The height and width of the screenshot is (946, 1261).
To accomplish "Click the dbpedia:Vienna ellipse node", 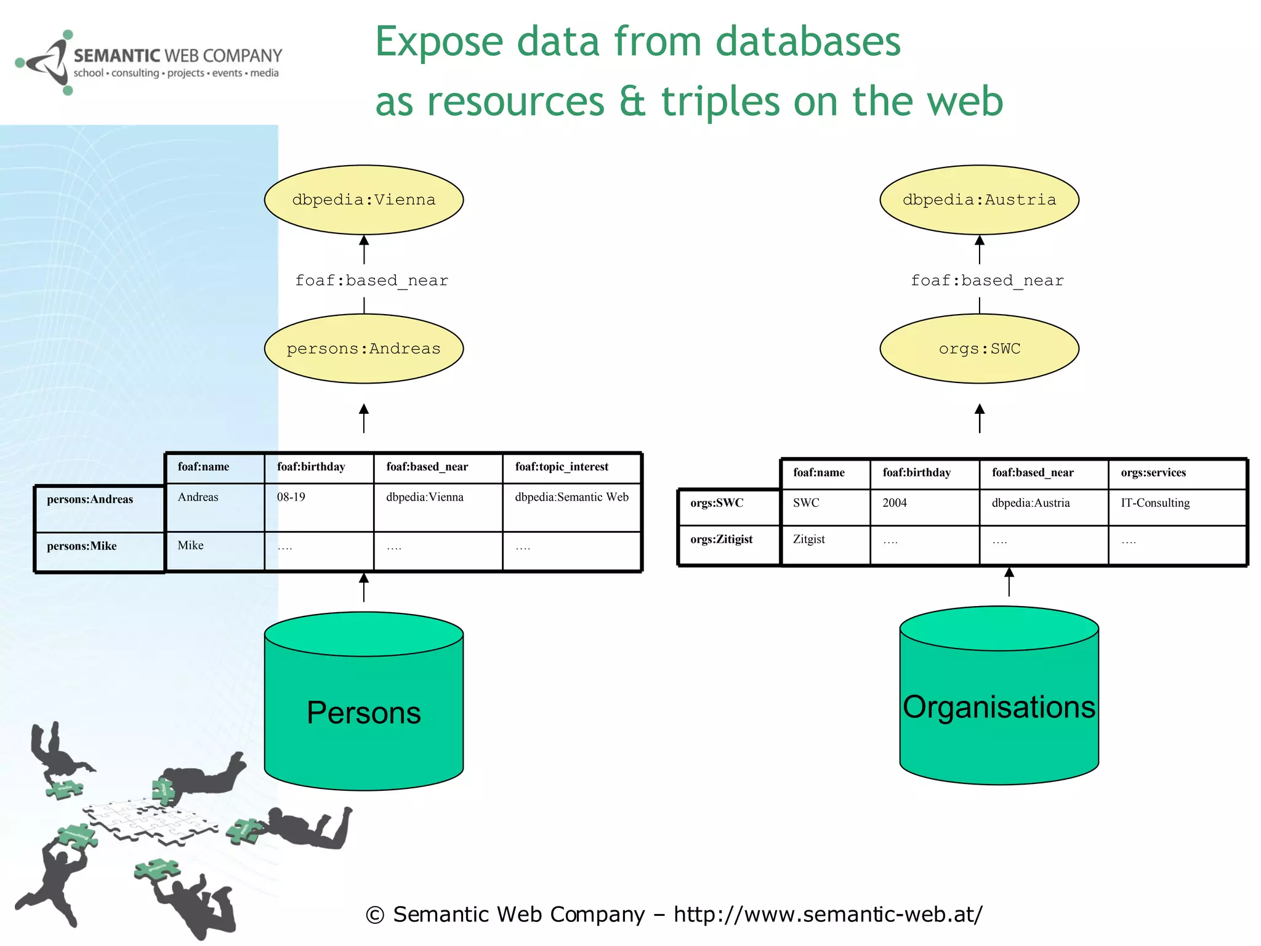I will [363, 200].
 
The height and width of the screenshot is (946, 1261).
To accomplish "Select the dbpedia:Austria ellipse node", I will [979, 200].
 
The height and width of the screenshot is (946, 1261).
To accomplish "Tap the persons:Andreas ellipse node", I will [363, 349].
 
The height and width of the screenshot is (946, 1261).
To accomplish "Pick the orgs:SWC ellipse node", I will [979, 349].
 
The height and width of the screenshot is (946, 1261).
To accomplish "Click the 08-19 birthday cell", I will [291, 497].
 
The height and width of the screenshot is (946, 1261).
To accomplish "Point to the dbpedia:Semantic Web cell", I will [571, 497].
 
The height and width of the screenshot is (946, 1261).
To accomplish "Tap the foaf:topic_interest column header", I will [562, 467].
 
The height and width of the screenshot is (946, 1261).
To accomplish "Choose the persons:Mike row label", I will [82, 546].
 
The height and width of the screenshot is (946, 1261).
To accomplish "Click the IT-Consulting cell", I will [1155, 503].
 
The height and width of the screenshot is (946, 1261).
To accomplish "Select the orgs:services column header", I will [1153, 472].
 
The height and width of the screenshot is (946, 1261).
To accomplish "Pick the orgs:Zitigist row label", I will [721, 540].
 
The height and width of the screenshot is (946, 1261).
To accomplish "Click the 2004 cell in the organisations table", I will [895, 503].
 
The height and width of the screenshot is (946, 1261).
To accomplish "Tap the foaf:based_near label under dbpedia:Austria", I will [987, 281].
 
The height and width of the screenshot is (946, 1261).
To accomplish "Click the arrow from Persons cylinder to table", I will [364, 588].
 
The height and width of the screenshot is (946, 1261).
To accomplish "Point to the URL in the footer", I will [828, 914].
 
